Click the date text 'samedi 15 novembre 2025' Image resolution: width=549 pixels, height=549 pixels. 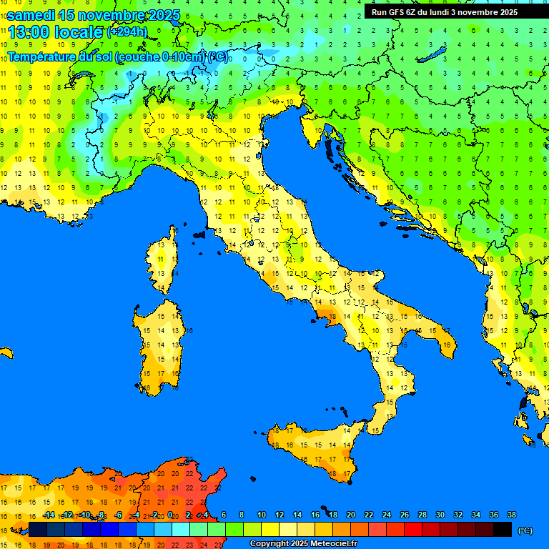(x=93, y=15)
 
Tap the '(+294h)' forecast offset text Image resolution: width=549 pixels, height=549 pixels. (x=127, y=32)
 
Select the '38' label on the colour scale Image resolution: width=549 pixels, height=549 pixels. (x=512, y=515)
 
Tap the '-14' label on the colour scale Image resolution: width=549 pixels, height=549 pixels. (x=49, y=515)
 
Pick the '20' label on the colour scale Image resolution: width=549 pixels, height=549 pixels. (x=351, y=515)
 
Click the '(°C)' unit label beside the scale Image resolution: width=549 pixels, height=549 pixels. (x=525, y=530)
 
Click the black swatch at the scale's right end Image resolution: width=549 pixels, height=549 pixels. (x=503, y=529)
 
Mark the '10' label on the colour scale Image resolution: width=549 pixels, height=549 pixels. (x=262, y=515)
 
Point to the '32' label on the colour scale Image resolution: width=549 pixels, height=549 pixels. (x=458, y=515)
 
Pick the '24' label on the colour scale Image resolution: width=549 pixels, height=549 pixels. (x=387, y=515)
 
